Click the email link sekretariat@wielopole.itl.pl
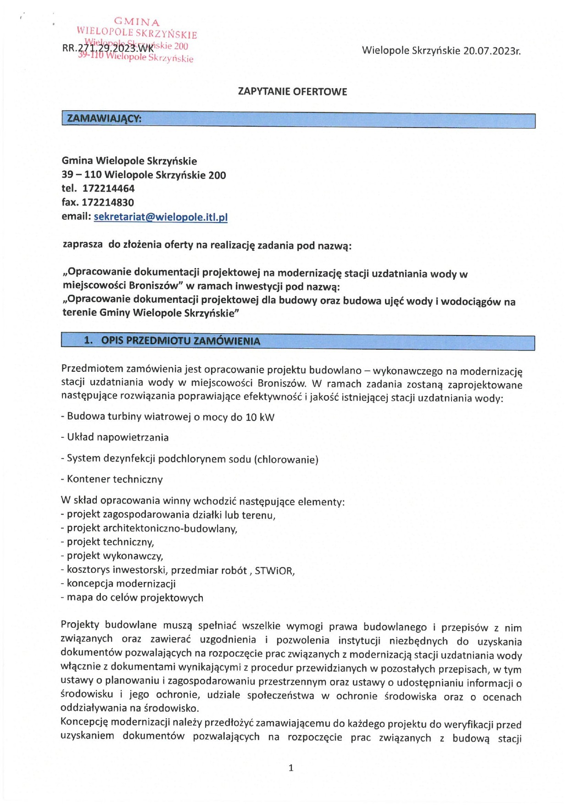coord(161,217)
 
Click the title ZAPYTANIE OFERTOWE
coord(292,91)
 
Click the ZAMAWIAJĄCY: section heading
coord(104,118)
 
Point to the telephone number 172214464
coord(108,188)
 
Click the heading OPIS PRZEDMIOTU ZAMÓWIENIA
coord(180,341)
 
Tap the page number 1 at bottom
coord(290,767)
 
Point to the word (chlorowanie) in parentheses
coord(286,459)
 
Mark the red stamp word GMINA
coord(137,22)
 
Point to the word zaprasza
coord(83,244)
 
